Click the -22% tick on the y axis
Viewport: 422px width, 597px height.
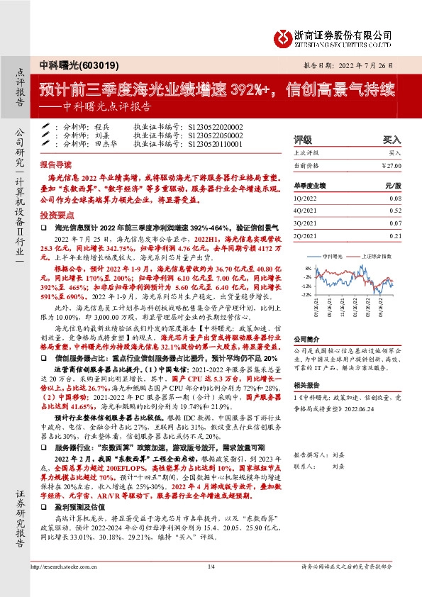pyautogui.click(x=306, y=294)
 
